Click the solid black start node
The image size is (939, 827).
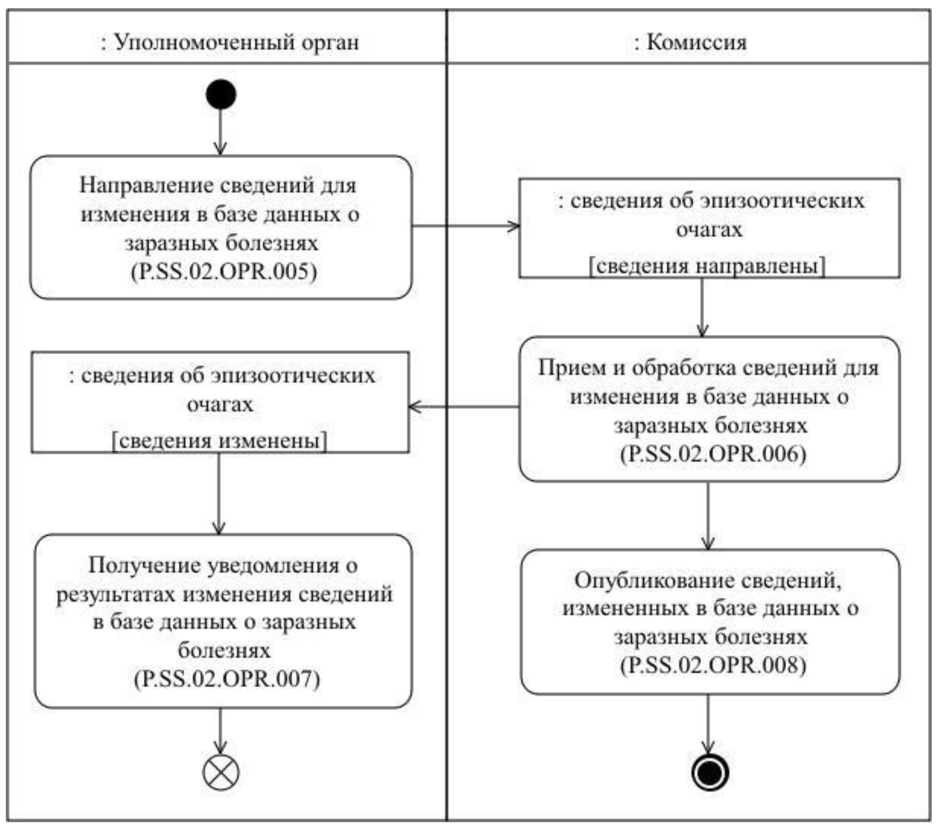tap(221, 94)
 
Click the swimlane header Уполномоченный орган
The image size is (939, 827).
tap(230, 43)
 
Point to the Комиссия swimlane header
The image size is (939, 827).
tap(690, 43)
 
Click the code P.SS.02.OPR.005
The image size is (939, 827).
tap(224, 271)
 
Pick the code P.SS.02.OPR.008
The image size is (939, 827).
tap(713, 665)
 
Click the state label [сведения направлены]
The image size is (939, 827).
tap(708, 267)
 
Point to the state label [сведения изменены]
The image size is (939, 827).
tap(220, 441)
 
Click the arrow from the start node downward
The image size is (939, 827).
tap(221, 131)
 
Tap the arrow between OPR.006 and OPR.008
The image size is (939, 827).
tap(708, 516)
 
